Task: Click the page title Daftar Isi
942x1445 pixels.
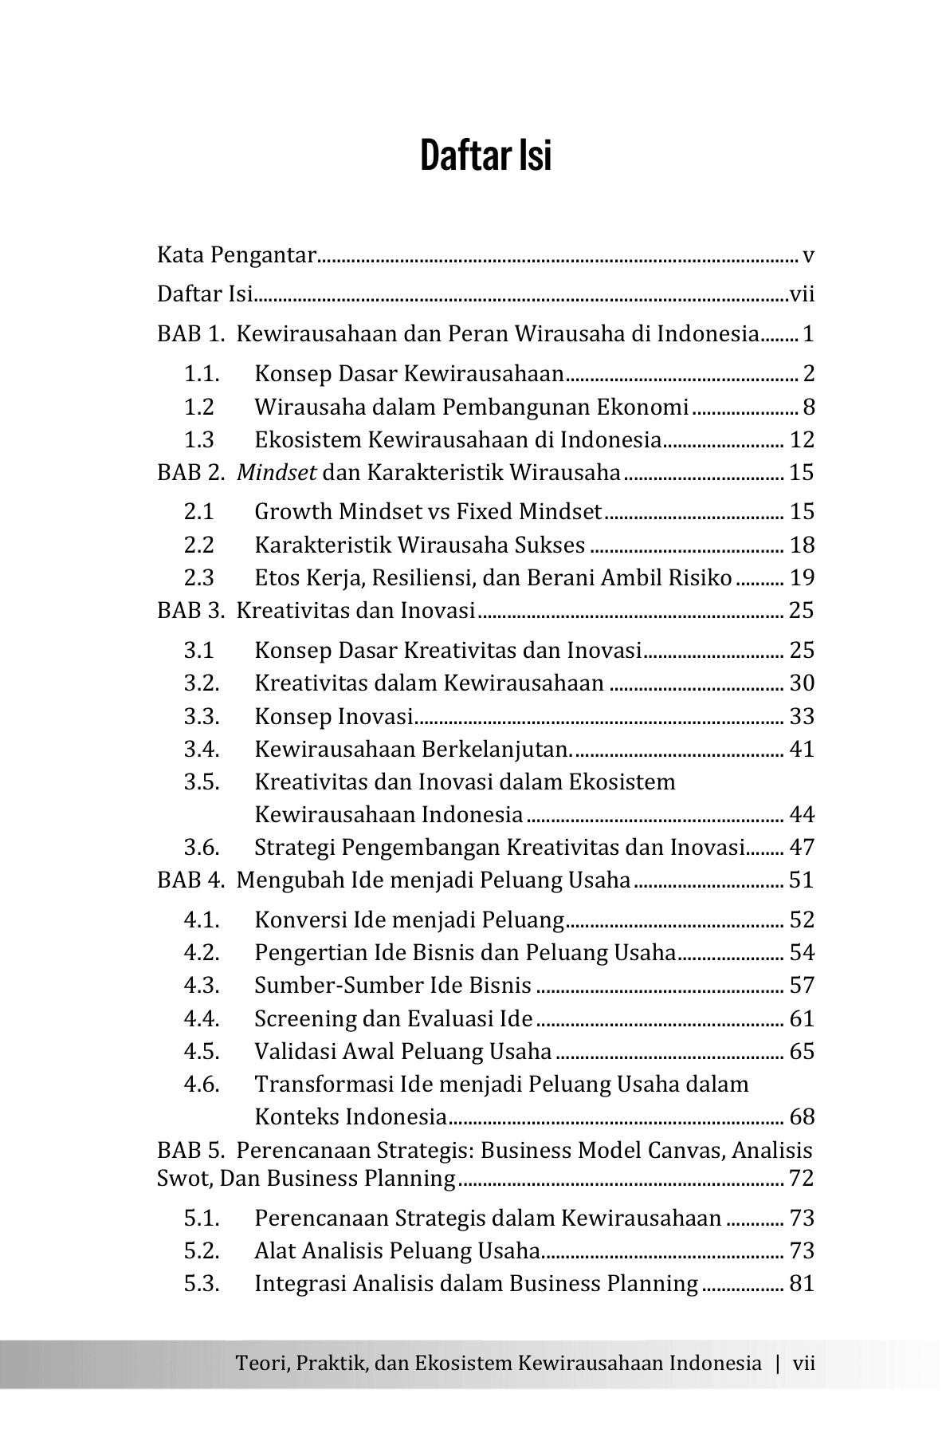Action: pyautogui.click(x=485, y=156)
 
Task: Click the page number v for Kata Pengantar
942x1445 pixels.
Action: pyautogui.click(x=808, y=256)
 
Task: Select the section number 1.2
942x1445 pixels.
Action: pyautogui.click(x=199, y=408)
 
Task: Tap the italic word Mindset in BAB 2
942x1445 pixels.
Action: pyautogui.click(x=277, y=473)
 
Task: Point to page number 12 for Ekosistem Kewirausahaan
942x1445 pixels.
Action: pyautogui.click(x=802, y=440)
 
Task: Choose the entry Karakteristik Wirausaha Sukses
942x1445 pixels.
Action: pyautogui.click(x=420, y=545)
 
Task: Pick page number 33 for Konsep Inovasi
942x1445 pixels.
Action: pyautogui.click(x=802, y=717)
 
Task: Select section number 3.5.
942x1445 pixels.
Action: pyautogui.click(x=202, y=782)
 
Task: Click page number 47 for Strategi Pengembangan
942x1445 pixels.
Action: pyautogui.click(x=802, y=848)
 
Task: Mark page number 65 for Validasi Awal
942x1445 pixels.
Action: pyautogui.click(x=802, y=1052)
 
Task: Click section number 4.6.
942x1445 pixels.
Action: pyautogui.click(x=202, y=1085)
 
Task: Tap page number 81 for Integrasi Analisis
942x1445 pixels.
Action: pyautogui.click(x=802, y=1284)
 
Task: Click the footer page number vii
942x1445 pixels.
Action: pyautogui.click(x=803, y=1363)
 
